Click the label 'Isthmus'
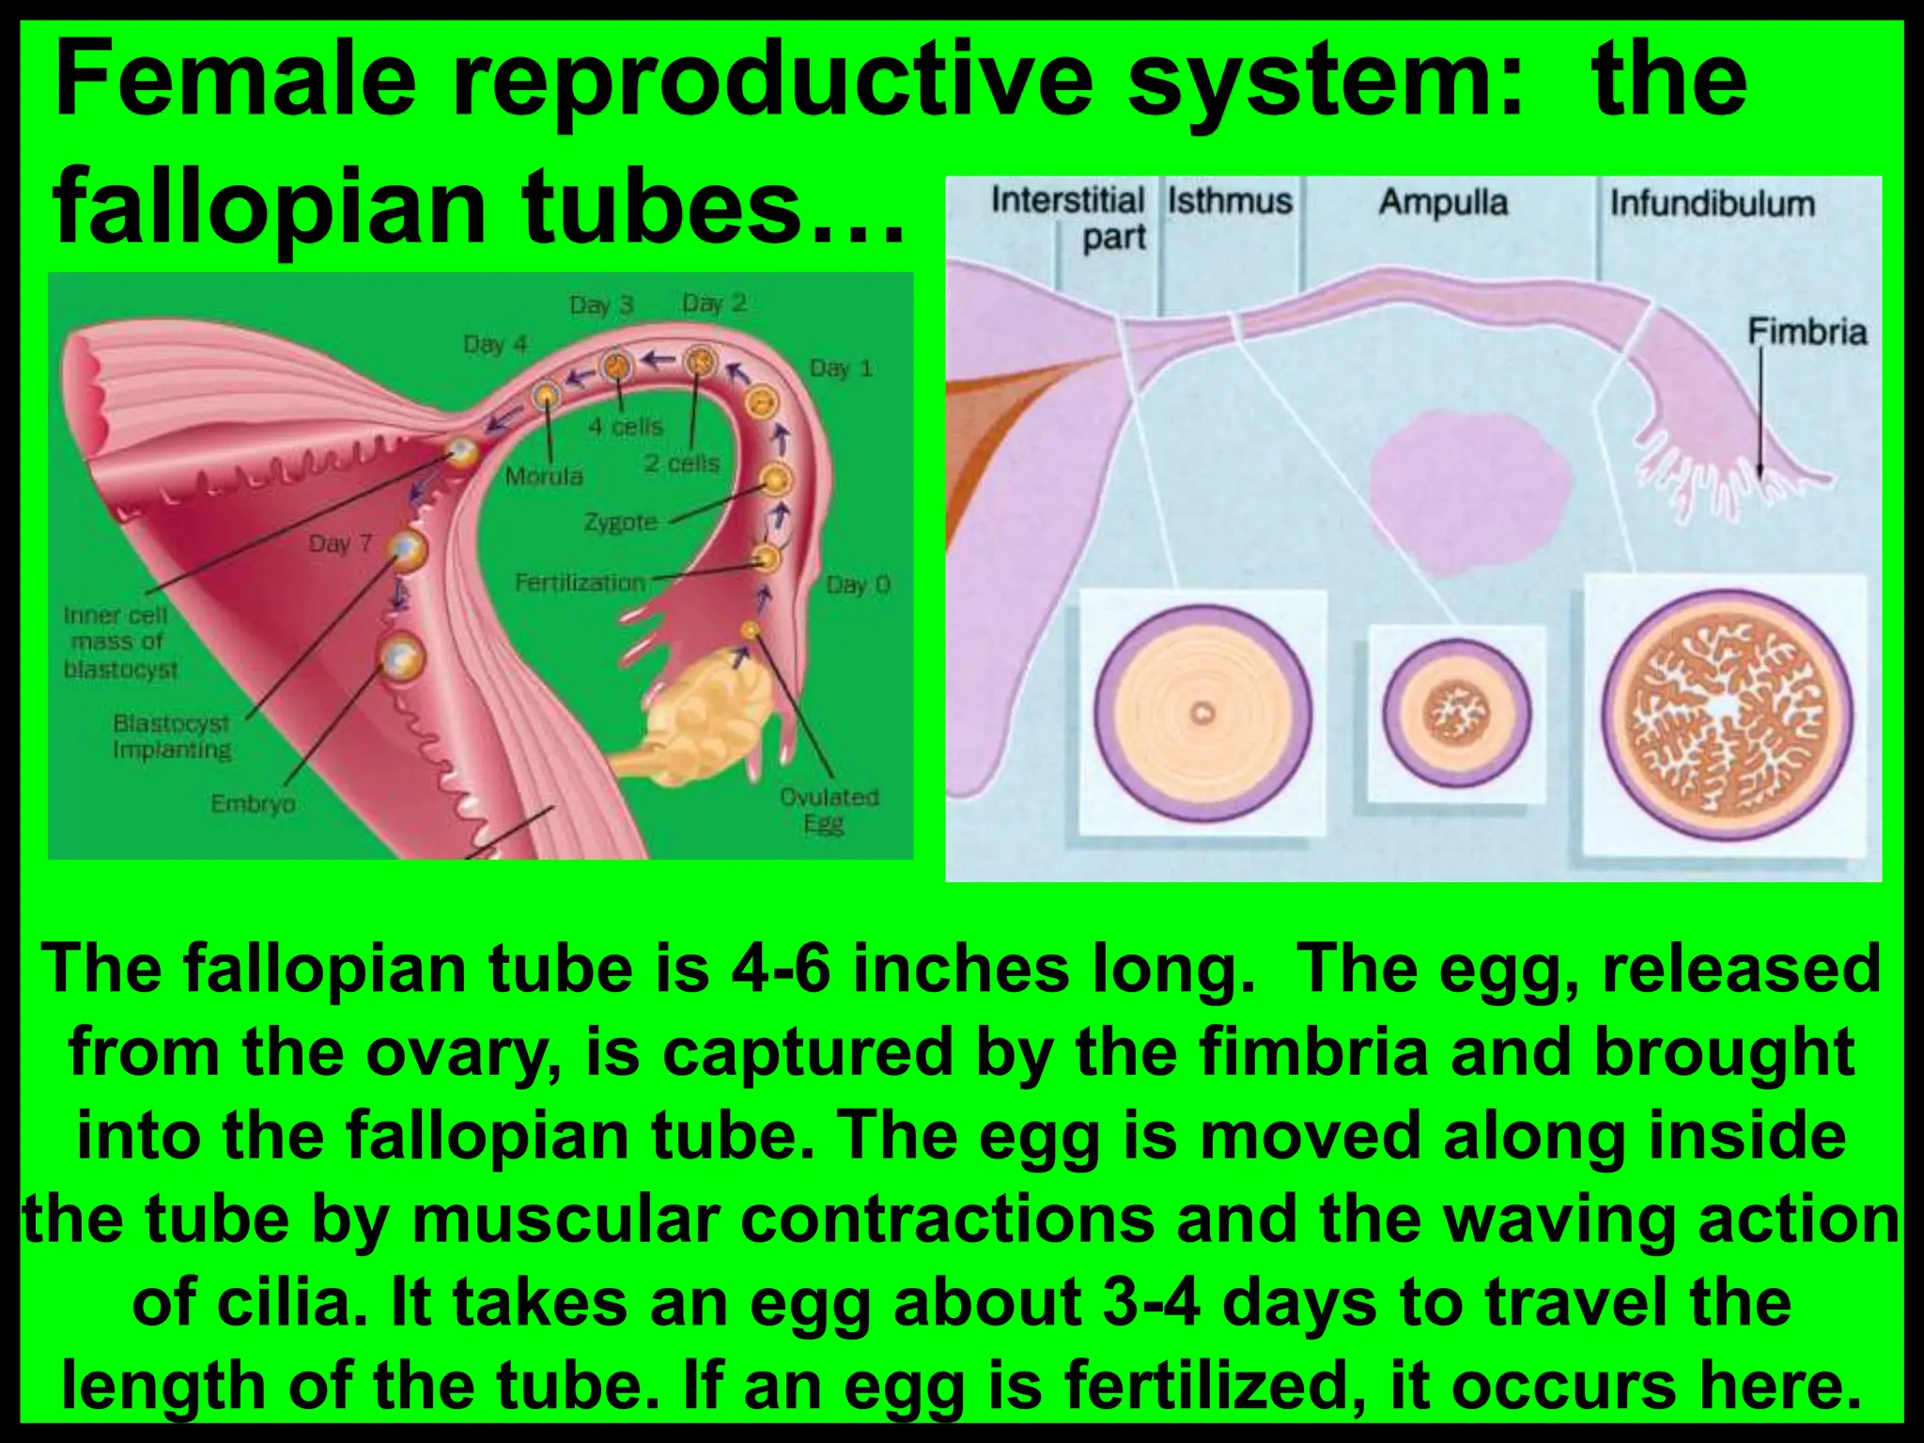tap(1230, 201)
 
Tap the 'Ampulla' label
tap(1443, 203)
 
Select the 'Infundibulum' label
tap(1712, 204)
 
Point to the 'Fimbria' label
tap(1807, 332)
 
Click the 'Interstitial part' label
tap(1069, 218)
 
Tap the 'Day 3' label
tap(601, 305)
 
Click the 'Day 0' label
tap(857, 585)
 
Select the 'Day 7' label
tap(340, 544)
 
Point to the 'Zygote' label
tap(620, 521)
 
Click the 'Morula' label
tap(544, 476)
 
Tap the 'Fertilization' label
tap(580, 582)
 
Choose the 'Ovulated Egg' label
tap(829, 810)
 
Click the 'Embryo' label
tap(253, 803)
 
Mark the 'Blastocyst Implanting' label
tap(172, 737)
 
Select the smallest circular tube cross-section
tap(1456, 713)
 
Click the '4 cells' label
tap(626, 427)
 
